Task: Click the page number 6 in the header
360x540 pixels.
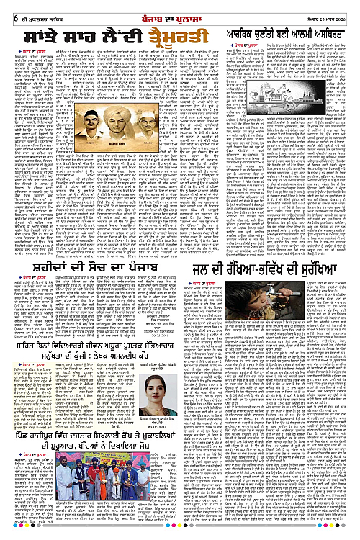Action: click(x=6, y=7)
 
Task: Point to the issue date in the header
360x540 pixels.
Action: click(x=333, y=8)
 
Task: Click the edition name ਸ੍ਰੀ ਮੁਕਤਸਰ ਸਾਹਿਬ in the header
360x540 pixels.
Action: click(x=32, y=8)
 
